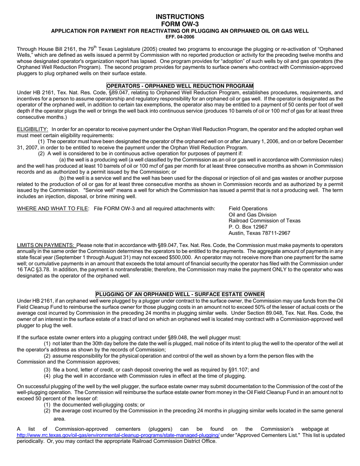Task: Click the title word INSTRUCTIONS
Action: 180,17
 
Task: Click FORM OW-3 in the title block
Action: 180,24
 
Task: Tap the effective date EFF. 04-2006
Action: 180,37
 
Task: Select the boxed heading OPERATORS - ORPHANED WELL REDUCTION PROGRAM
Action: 180,86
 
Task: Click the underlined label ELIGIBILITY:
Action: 33,130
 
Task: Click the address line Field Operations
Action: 248,208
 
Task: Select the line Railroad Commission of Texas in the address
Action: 264,220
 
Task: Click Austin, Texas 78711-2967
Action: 259,233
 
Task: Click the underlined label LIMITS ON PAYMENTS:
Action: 46,245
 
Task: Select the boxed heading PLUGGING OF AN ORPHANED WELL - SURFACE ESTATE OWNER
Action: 180,294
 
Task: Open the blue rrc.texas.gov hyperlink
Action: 118,435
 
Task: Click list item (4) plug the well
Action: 145,376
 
